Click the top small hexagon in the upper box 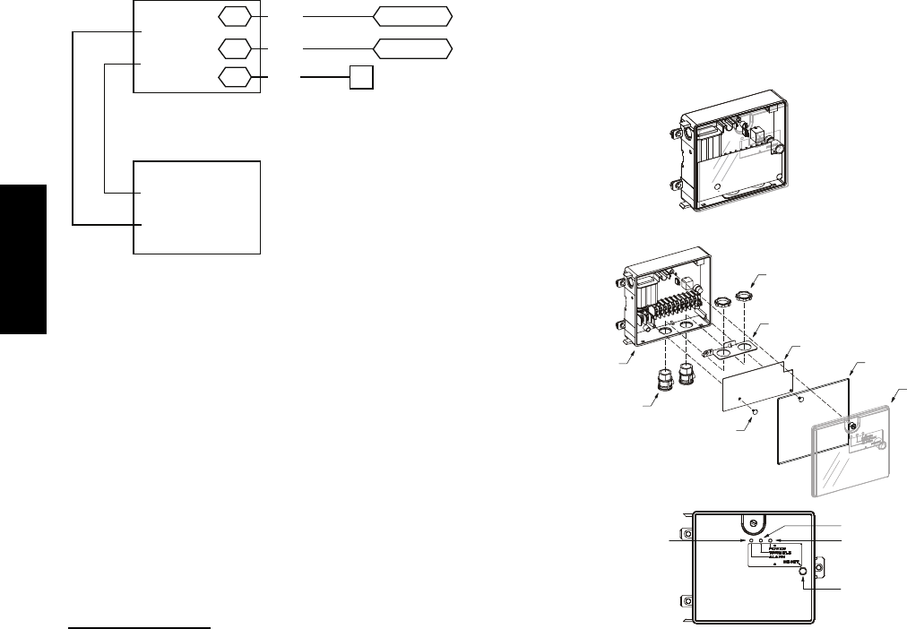tap(234, 17)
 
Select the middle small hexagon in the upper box tap(234, 48)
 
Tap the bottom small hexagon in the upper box tap(234, 78)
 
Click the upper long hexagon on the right tap(412, 17)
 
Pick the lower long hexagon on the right tap(412, 48)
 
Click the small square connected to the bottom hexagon tap(360, 78)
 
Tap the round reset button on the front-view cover tap(804, 571)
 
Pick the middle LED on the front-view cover tap(760, 541)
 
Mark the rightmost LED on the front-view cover tap(770, 541)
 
